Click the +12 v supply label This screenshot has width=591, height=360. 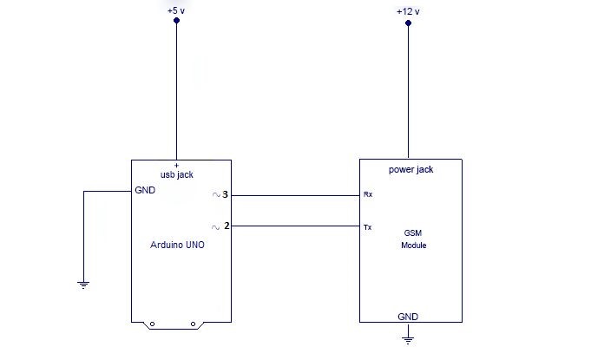[408, 11]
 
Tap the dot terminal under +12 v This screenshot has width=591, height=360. [408, 24]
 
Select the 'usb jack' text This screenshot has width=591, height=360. [177, 174]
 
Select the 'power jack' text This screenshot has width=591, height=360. [410, 169]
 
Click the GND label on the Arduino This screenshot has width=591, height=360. [145, 190]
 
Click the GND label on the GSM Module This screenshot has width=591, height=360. [409, 317]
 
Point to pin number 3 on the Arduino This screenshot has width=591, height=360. [225, 195]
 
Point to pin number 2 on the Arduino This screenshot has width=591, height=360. [226, 226]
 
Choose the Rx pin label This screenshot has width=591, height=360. [368, 196]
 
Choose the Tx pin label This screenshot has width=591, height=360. [368, 227]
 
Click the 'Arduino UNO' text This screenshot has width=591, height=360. [179, 245]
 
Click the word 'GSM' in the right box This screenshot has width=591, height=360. [413, 233]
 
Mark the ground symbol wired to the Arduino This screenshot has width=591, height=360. [83, 284]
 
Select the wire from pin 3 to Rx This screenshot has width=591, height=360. [295, 195]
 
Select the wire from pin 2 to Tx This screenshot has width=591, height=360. [295, 226]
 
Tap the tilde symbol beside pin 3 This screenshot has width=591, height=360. [215, 195]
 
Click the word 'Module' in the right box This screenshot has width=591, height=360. [413, 245]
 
